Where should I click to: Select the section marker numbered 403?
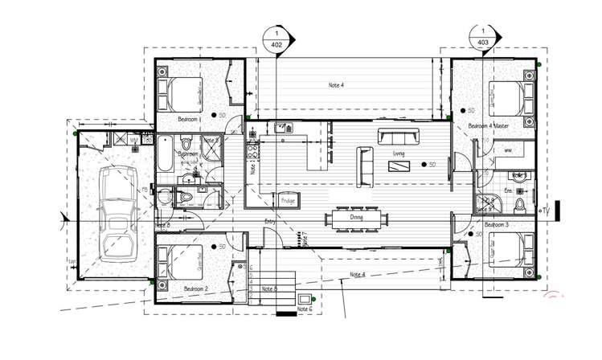pyautogui.click(x=483, y=37)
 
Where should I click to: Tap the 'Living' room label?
pyautogui.click(x=399, y=153)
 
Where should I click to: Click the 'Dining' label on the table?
pyautogui.click(x=357, y=217)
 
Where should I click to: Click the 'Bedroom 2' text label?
pyautogui.click(x=195, y=288)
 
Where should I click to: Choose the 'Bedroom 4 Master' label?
pyautogui.click(x=489, y=126)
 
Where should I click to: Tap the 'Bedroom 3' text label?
pyautogui.click(x=497, y=227)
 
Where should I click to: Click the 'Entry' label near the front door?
pyautogui.click(x=270, y=222)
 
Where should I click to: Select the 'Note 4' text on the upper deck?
pyautogui.click(x=336, y=84)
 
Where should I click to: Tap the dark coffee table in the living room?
pyautogui.click(x=399, y=167)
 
